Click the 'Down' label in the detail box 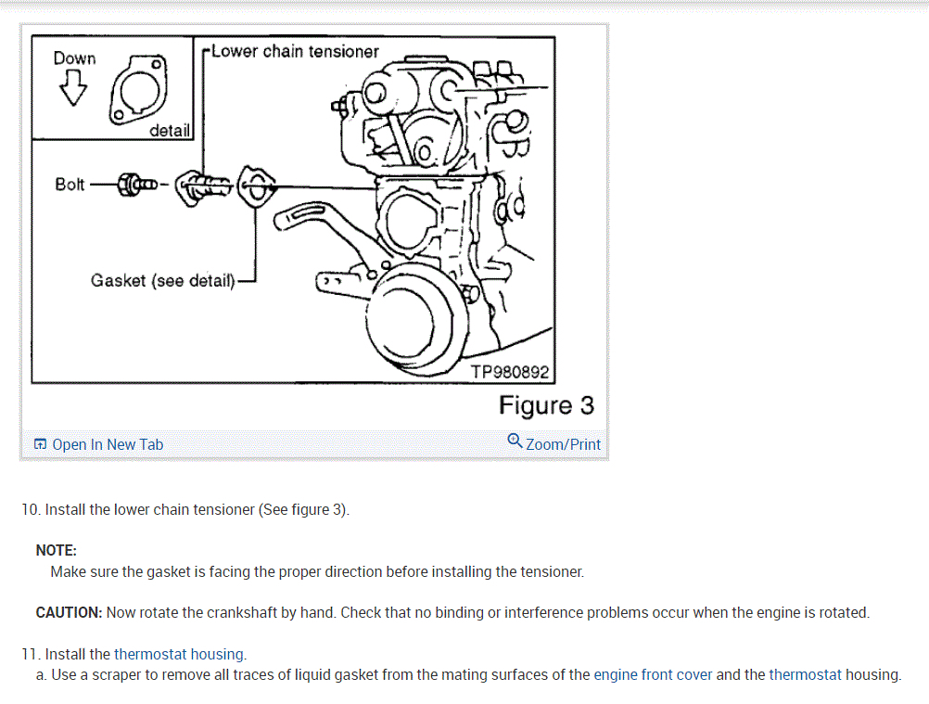point(74,58)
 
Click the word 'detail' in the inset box point(170,131)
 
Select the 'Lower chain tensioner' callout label point(295,51)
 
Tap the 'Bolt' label point(70,184)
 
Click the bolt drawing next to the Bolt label point(135,184)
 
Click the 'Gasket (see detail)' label point(163,279)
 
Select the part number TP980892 point(510,372)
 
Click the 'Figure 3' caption point(546,405)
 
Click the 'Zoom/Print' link point(563,444)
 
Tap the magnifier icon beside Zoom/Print point(515,441)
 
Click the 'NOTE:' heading point(56,550)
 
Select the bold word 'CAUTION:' point(69,612)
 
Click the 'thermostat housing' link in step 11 point(179,654)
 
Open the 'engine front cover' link point(653,674)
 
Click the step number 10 point(31,509)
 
